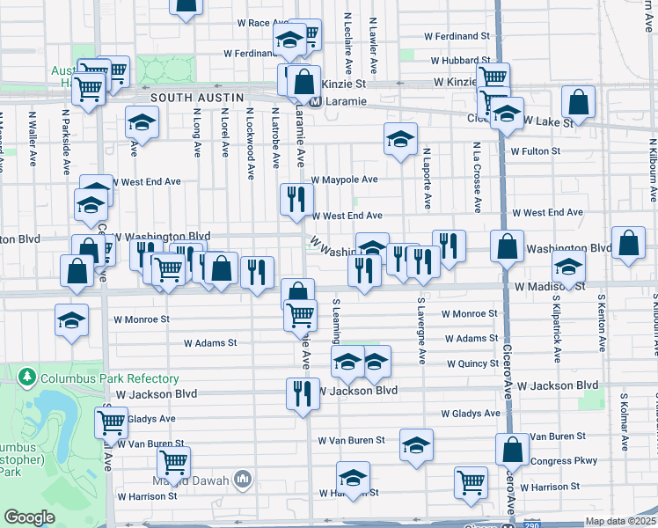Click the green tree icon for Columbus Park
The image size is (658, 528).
pos(27,378)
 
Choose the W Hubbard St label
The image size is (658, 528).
pos(459,61)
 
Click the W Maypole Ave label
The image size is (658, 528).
pos(344,180)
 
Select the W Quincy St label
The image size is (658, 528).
pos(472,363)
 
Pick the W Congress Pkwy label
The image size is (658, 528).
pos(563,460)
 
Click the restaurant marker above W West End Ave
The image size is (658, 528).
pos(296,199)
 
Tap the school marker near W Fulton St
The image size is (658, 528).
pos(400,139)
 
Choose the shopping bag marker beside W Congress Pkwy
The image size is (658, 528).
pos(512,451)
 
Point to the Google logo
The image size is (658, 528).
pos(30,517)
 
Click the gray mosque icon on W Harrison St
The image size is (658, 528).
pos(244,480)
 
